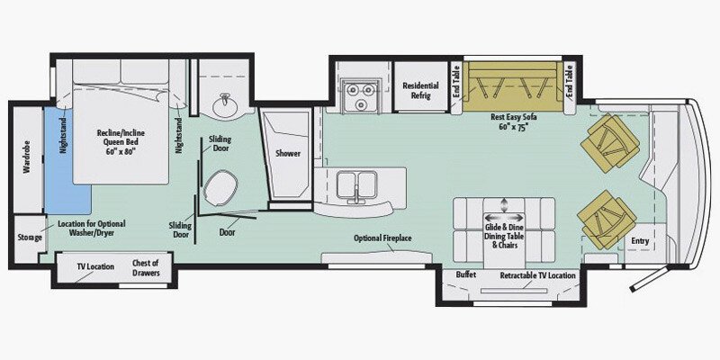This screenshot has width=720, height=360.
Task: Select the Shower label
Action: (x=288, y=153)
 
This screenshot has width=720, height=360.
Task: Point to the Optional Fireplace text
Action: (x=382, y=238)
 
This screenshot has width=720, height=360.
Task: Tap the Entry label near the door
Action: (x=640, y=240)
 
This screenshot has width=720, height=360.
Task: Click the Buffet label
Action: (x=466, y=274)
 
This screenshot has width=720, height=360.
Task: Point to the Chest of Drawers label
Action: (x=146, y=267)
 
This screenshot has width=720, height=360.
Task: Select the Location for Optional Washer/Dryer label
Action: (x=92, y=228)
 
